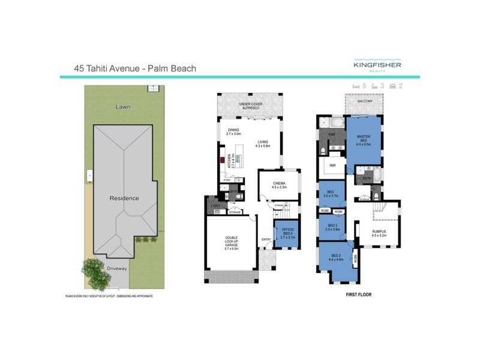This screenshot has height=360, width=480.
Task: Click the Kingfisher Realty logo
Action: point(377,65)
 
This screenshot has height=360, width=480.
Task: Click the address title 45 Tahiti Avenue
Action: point(135,68)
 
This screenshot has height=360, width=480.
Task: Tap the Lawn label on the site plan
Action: point(124,107)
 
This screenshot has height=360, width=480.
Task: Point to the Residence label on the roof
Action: point(124,198)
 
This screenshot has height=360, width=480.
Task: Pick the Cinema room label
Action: point(278,185)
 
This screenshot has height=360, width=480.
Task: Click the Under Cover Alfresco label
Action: point(251,106)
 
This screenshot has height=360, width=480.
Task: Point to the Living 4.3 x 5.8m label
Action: point(263,143)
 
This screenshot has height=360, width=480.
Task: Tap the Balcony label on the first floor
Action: point(365,101)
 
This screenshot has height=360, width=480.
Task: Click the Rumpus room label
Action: point(378,232)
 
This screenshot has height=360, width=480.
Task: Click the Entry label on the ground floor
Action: point(266,239)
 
